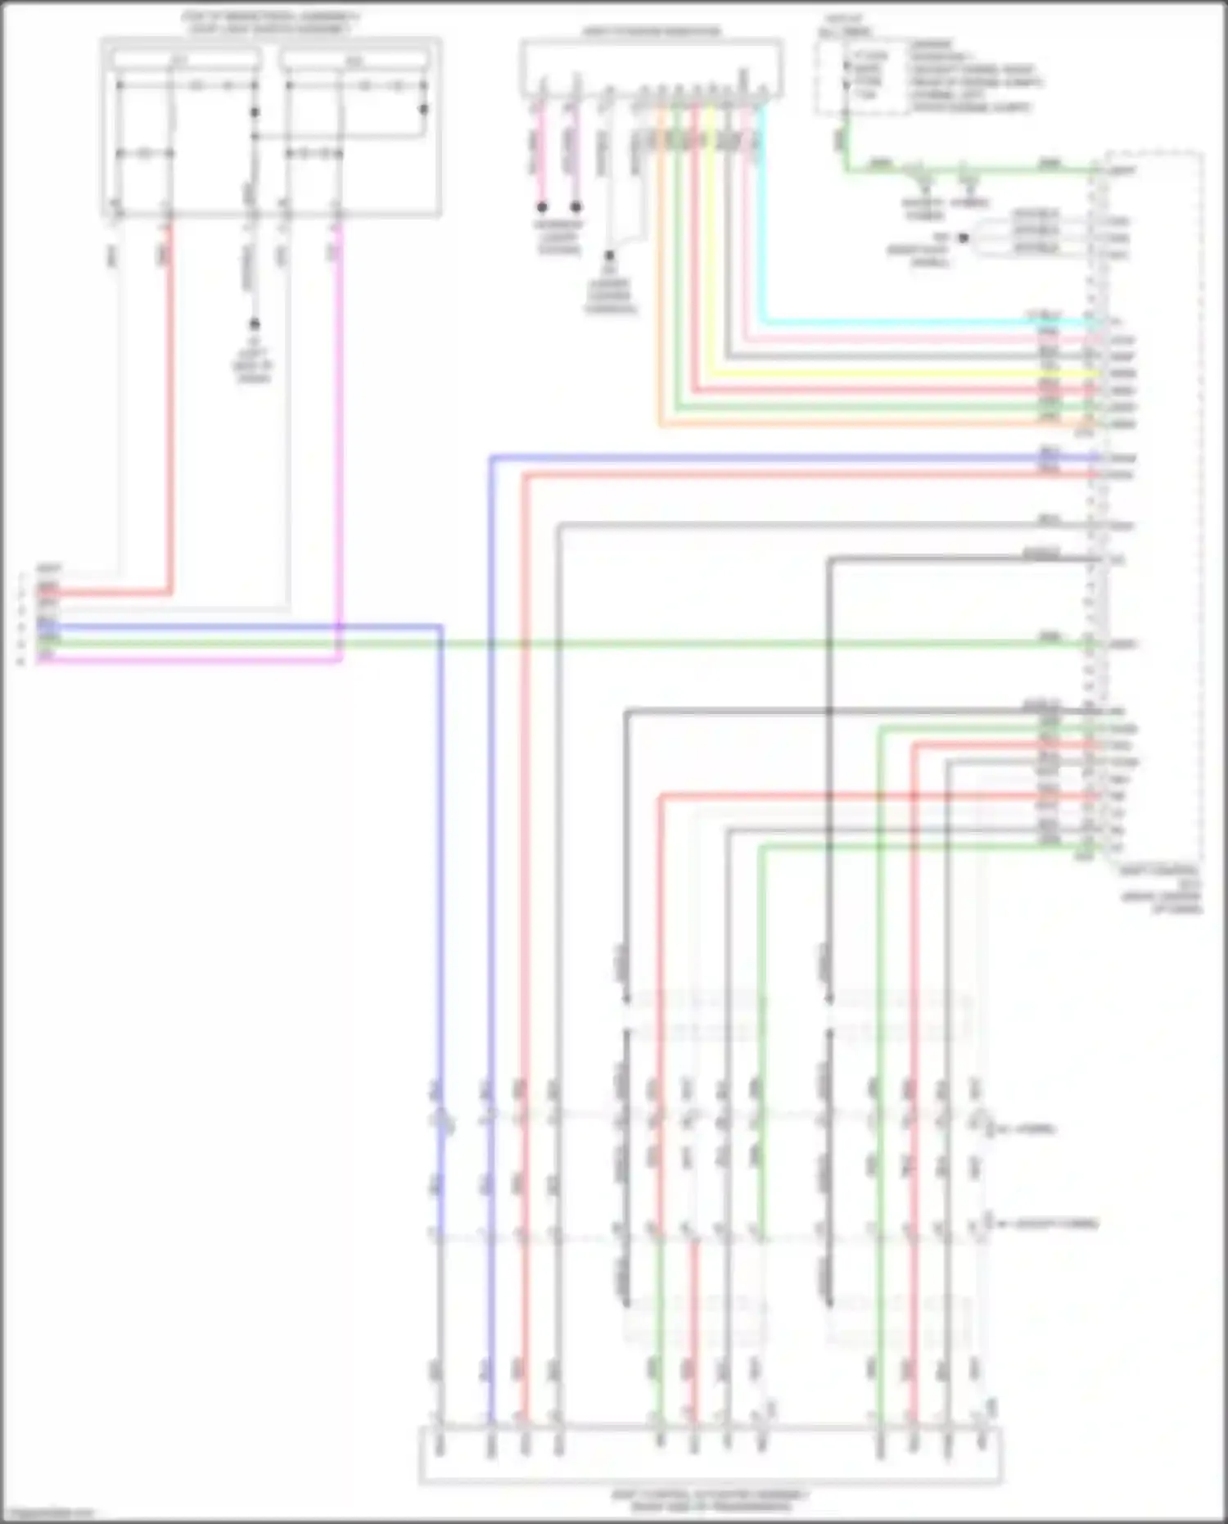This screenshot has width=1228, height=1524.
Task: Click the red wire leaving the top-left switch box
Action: (x=170, y=409)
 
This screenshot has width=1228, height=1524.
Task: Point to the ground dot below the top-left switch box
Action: (x=254, y=324)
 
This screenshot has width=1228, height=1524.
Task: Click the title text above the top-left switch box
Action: (x=270, y=22)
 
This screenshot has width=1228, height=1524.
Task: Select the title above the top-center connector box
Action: (x=652, y=32)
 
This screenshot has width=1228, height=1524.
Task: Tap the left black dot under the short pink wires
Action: (x=542, y=208)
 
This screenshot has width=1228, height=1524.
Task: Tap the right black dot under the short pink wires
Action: (x=576, y=208)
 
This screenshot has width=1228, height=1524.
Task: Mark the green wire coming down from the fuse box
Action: (x=846, y=147)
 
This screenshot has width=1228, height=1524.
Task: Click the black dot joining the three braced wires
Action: (x=964, y=238)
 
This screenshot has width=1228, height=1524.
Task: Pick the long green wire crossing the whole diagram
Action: (x=655, y=644)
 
